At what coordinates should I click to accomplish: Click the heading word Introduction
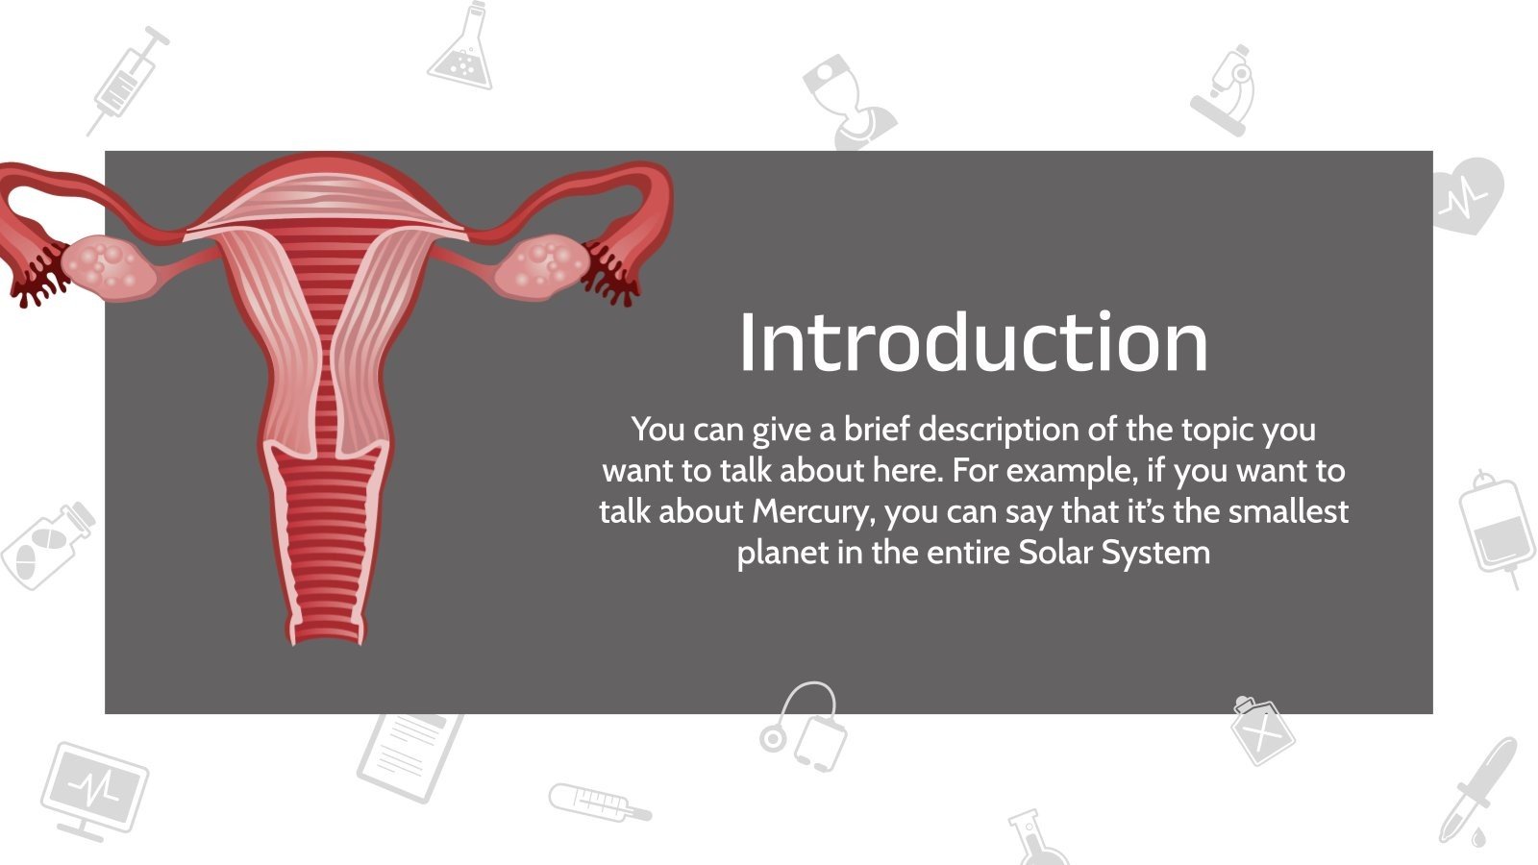[973, 342]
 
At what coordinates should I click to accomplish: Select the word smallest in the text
[1288, 511]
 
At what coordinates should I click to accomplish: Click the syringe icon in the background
[129, 81]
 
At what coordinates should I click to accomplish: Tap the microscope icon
[1225, 91]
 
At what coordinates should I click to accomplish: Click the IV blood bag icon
[1496, 528]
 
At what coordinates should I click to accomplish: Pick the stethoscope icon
[804, 727]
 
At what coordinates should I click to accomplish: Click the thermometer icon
[600, 803]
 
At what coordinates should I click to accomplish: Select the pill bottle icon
[47, 545]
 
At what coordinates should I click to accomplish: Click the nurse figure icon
[850, 102]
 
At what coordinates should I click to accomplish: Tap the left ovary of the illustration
[110, 268]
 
